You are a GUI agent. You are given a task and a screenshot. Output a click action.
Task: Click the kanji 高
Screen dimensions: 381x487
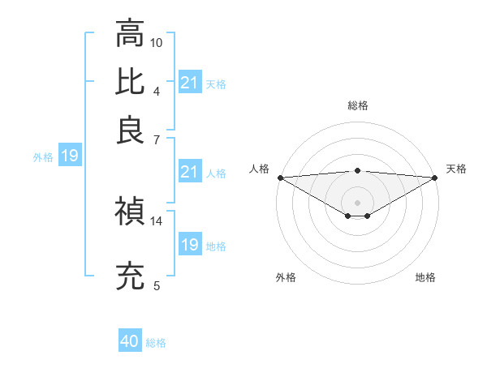(x=130, y=35)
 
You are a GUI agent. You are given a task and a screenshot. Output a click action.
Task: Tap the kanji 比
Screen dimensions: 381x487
(x=130, y=82)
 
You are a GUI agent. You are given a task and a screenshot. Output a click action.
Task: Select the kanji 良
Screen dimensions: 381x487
(x=130, y=130)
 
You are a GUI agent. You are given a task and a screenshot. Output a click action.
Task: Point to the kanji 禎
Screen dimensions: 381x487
(x=130, y=212)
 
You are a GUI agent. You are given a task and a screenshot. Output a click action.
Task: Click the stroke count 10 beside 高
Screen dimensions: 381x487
(x=157, y=42)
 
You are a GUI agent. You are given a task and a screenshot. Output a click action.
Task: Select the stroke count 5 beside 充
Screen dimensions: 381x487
(x=157, y=285)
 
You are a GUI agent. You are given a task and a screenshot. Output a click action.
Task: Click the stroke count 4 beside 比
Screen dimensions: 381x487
(x=157, y=90)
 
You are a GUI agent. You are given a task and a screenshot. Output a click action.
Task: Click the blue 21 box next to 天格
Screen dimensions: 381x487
(x=189, y=83)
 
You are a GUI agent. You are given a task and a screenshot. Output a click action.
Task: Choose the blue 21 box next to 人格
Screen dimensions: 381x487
(x=189, y=172)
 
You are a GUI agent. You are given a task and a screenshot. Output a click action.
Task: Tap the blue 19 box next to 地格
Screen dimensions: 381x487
(x=189, y=245)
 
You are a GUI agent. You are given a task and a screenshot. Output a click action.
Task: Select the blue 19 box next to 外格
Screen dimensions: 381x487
(x=69, y=156)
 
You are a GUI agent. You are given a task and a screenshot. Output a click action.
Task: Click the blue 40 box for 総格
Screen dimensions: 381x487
(x=130, y=341)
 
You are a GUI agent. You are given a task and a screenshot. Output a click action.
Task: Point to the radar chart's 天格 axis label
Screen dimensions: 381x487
(x=456, y=169)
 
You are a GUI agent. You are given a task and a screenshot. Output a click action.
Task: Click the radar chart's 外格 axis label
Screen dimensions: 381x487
(x=286, y=277)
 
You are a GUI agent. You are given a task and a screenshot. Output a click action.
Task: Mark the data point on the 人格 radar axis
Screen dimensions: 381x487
(x=280, y=177)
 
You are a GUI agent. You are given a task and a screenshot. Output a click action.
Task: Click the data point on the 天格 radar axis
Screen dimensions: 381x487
(x=435, y=177)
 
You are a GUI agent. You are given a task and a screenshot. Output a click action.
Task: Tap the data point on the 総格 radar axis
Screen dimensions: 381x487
(x=357, y=170)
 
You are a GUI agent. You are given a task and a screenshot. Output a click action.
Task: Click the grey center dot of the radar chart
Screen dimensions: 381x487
(x=357, y=202)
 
